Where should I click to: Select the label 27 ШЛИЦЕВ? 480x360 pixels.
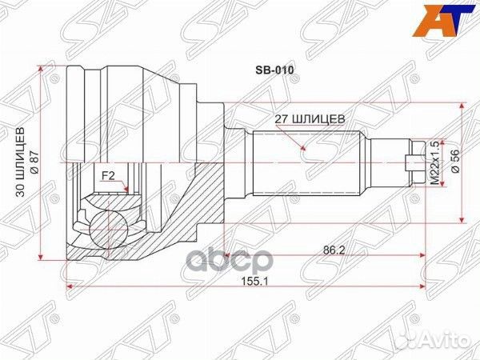pyautogui.click(x=310, y=118)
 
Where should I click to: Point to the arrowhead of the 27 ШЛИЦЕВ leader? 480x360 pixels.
pyautogui.click(x=304, y=149)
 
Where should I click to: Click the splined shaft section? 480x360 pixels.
pyautogui.click(x=308, y=164)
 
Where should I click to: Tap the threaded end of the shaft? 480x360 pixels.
pyautogui.click(x=414, y=162)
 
